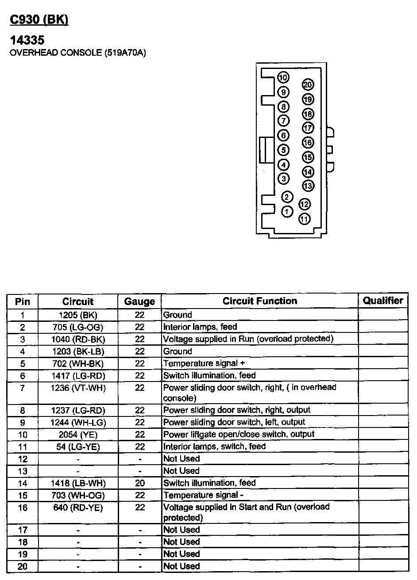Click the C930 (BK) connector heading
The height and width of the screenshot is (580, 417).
pyautogui.click(x=39, y=20)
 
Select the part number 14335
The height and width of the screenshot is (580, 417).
pyautogui.click(x=27, y=40)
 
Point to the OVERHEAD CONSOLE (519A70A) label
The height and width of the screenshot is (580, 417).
pyautogui.click(x=77, y=53)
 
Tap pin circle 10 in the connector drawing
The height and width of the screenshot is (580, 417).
pyautogui.click(x=283, y=78)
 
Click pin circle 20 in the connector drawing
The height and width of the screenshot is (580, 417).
pyautogui.click(x=308, y=85)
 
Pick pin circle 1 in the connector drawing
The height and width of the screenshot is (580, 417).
pyautogui.click(x=287, y=211)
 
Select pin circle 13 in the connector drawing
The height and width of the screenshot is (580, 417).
pyautogui.click(x=308, y=186)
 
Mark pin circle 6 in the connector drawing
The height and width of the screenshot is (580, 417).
pyautogui.click(x=283, y=136)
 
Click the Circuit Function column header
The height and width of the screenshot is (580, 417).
pyautogui.click(x=259, y=301)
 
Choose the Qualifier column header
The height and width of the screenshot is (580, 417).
pyautogui.click(x=383, y=301)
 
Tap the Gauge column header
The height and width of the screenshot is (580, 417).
pyautogui.click(x=139, y=301)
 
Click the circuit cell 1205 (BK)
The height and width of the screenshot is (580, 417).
pyautogui.click(x=78, y=315)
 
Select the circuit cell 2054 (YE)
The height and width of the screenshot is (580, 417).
pyautogui.click(x=78, y=435)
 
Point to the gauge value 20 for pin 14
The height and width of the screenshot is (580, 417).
pyautogui.click(x=140, y=483)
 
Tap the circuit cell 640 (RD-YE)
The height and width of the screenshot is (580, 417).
pyautogui.click(x=78, y=507)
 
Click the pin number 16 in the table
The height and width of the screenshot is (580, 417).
pyautogui.click(x=23, y=507)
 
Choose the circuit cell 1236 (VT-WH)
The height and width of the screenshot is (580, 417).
pyautogui.click(x=78, y=388)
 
